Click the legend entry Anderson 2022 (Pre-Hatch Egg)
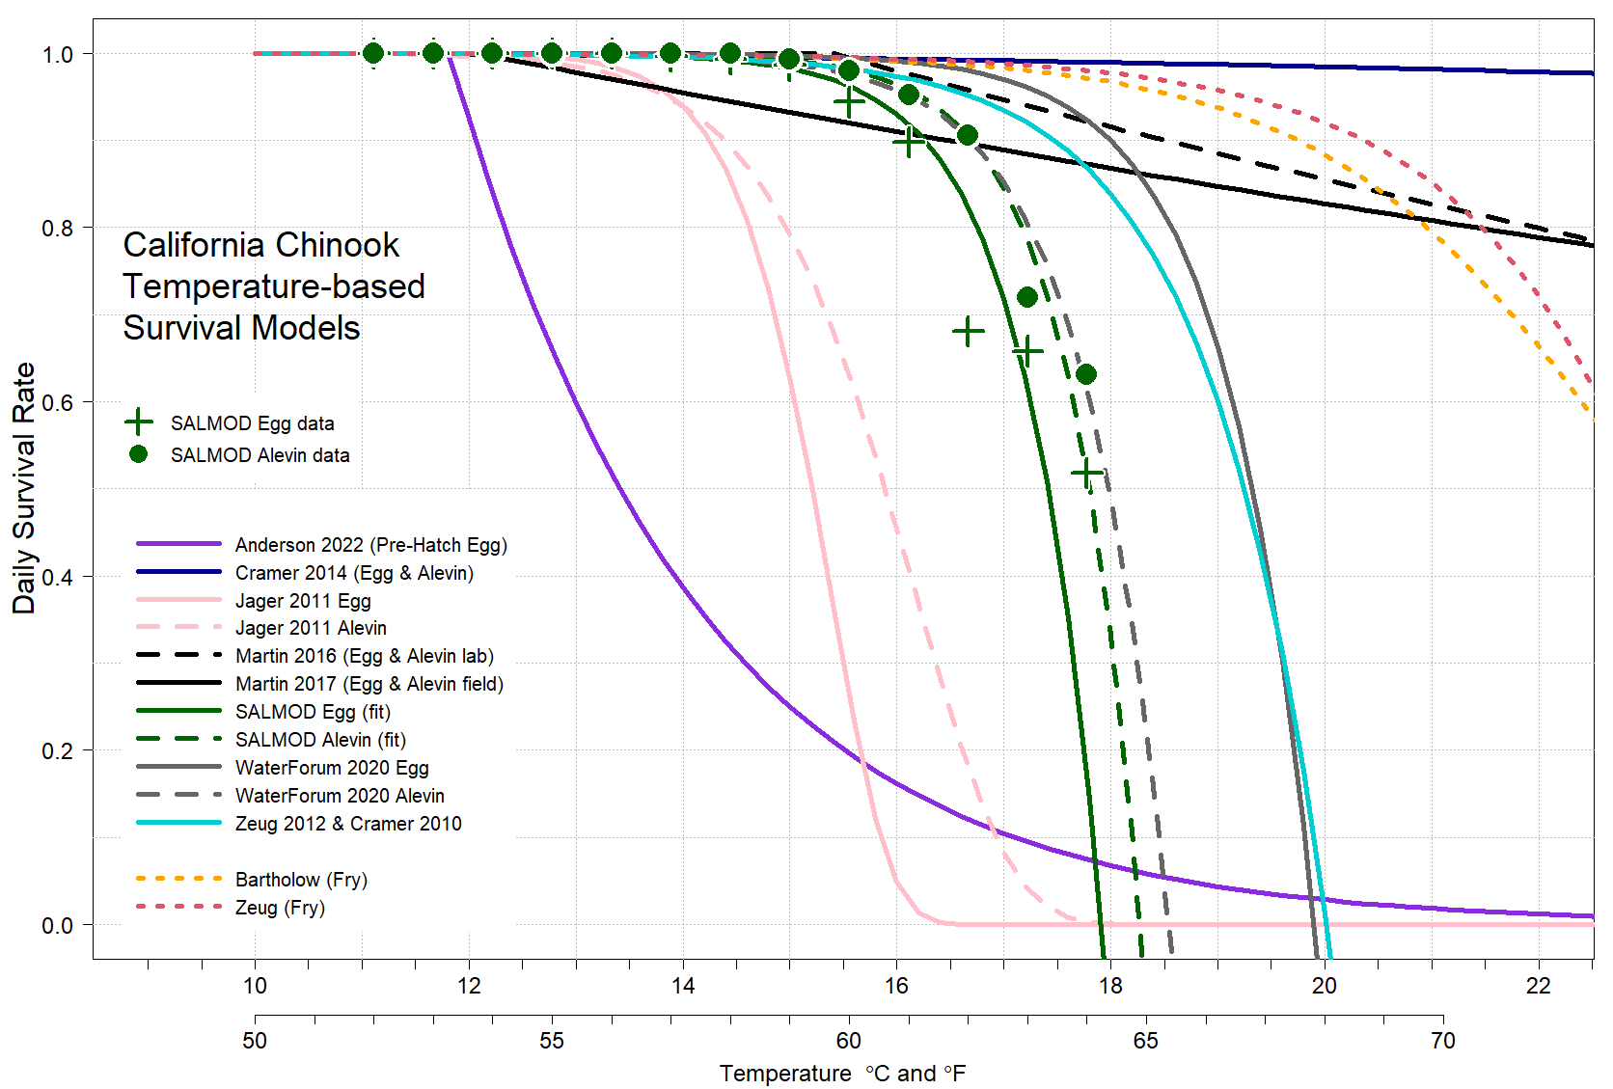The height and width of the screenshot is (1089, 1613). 370,545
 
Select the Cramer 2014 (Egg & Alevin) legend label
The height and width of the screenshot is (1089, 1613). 354,573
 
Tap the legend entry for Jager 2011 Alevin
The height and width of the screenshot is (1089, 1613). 311,628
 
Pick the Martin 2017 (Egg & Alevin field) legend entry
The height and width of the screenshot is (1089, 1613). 369,684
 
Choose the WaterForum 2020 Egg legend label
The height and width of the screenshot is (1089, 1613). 332,768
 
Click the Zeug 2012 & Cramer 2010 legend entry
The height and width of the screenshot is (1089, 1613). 348,824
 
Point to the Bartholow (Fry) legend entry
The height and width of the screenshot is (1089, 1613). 301,880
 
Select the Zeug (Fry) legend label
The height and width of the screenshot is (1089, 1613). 280,908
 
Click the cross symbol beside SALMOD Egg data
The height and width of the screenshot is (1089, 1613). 139,422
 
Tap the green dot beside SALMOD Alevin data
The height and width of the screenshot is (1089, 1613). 139,454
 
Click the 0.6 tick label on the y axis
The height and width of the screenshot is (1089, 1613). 57,402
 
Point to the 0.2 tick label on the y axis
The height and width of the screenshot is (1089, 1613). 57,751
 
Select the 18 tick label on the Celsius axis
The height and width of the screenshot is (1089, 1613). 1110,986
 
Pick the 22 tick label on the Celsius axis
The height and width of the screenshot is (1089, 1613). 1538,986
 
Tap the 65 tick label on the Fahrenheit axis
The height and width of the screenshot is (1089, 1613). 1146,1041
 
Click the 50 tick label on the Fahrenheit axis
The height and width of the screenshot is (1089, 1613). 255,1041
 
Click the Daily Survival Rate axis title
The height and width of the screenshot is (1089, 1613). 24,488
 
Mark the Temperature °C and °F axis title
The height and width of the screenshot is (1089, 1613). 842,1074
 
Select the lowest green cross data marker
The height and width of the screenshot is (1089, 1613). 1087,474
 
